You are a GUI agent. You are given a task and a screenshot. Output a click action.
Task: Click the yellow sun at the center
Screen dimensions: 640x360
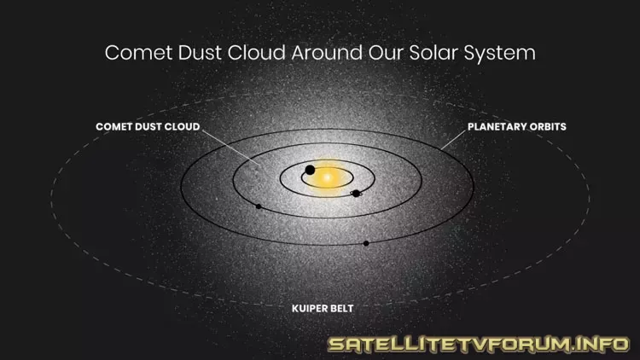point(327,178)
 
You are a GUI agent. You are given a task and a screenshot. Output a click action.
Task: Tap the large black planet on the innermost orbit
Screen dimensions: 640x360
point(311,170)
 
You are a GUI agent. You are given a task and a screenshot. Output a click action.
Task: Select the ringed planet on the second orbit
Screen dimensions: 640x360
point(356,194)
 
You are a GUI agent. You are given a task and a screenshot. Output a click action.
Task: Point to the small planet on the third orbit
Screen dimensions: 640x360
point(259,206)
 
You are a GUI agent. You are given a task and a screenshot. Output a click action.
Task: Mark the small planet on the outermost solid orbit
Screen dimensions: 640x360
point(366,243)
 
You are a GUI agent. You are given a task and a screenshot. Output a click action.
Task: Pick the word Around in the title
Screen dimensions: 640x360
point(327,53)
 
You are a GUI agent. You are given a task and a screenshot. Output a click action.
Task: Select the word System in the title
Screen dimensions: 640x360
point(499,54)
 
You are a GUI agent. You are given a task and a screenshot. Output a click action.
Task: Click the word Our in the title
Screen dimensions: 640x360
point(386,53)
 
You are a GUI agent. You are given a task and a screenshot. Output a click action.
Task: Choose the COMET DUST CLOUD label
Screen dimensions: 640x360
point(148,126)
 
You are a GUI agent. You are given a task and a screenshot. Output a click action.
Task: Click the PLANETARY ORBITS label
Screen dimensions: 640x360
point(517,126)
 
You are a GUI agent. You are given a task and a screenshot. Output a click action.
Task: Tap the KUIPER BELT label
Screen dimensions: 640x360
point(323,309)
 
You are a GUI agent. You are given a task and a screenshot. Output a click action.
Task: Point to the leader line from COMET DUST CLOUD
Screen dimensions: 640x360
point(230,148)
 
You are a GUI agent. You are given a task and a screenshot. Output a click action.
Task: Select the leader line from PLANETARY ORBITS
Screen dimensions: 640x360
point(453,140)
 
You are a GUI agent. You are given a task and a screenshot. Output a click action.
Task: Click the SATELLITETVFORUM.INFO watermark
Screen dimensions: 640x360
point(479,344)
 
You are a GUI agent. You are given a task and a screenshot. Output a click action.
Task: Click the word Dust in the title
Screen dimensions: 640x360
point(200,53)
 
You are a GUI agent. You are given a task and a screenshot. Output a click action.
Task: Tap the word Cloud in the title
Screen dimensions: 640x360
point(256,53)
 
